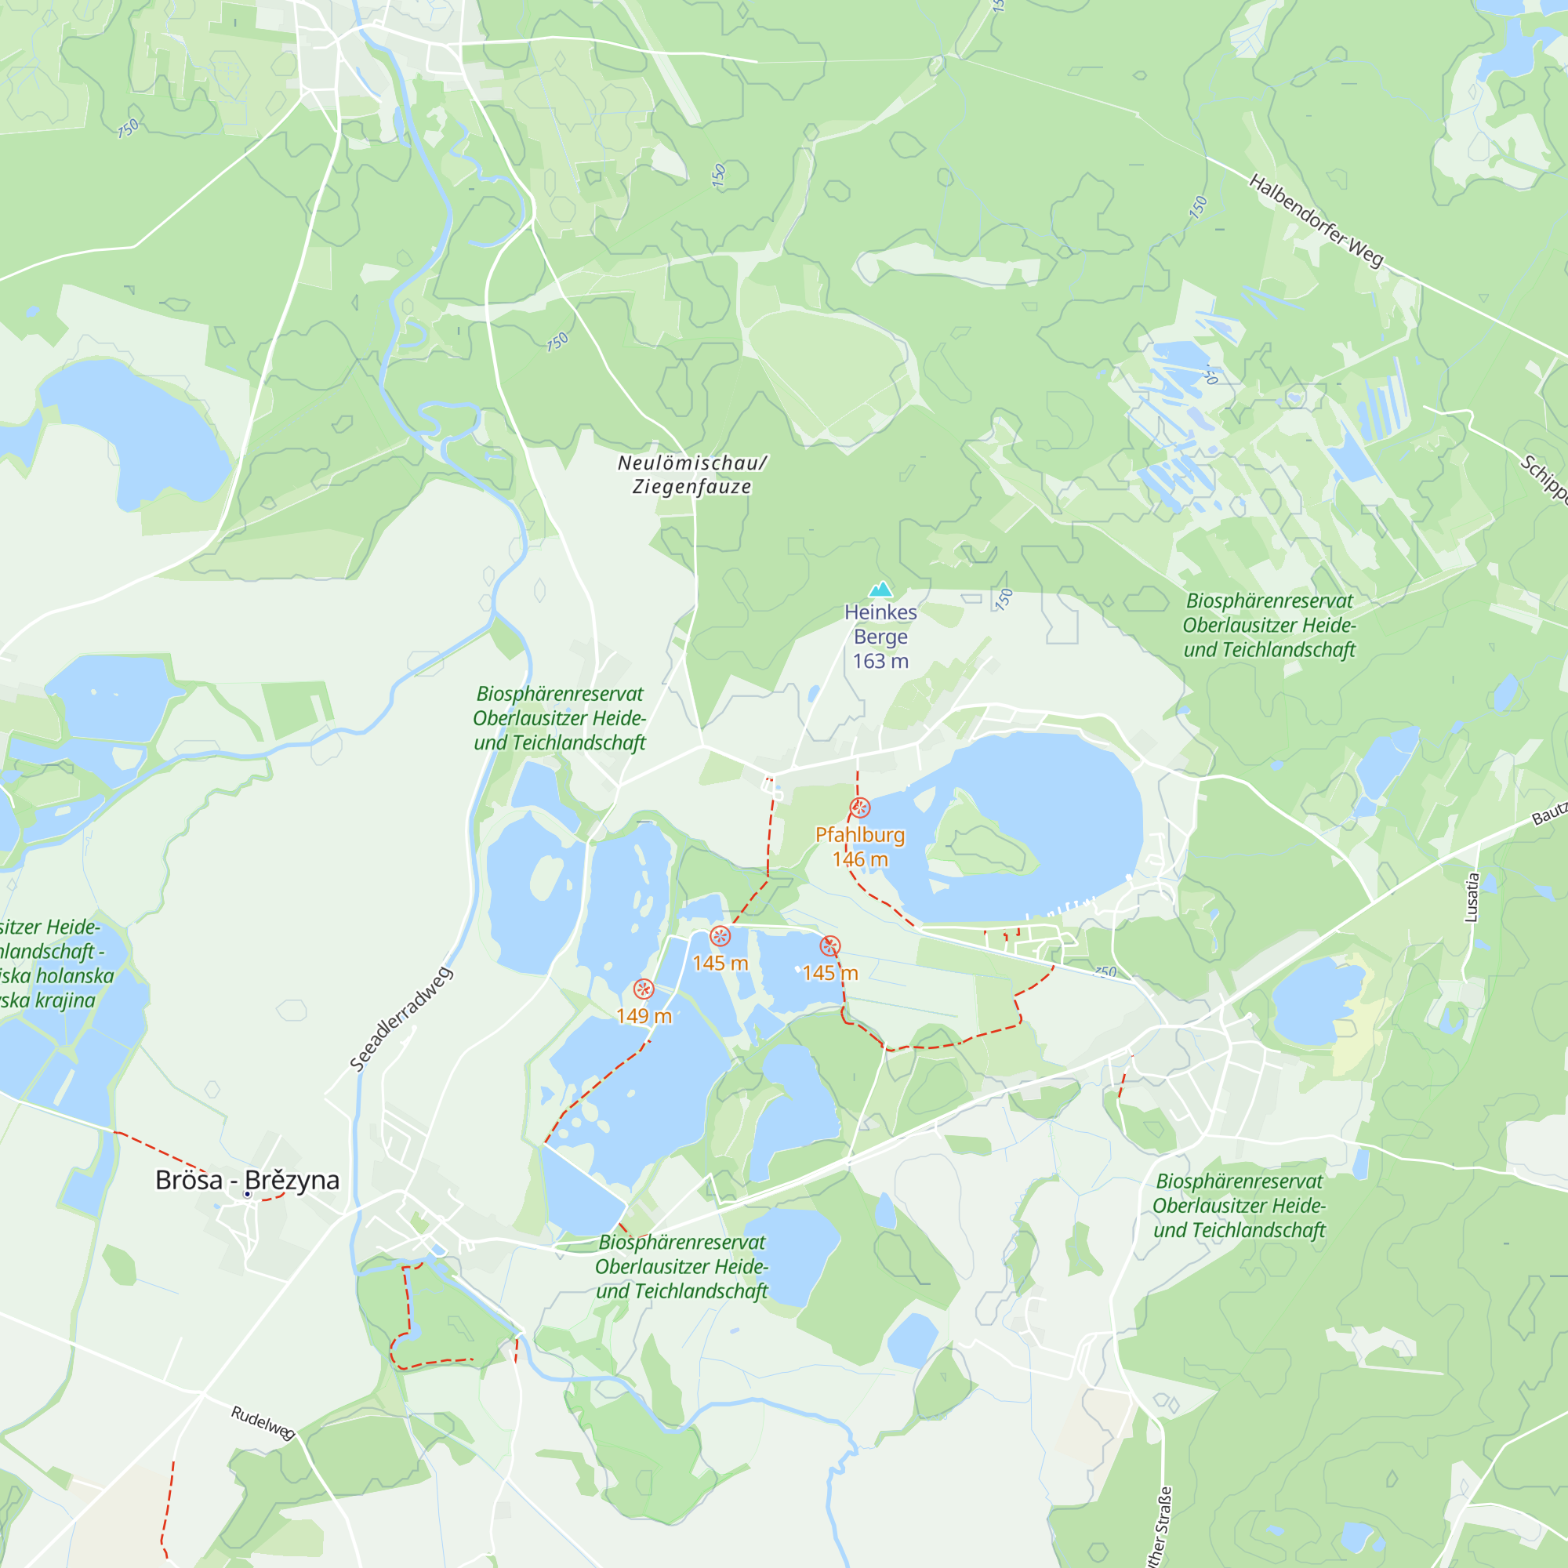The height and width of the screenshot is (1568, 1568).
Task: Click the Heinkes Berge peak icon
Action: (x=880, y=590)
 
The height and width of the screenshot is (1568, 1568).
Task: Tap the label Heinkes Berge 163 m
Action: (x=880, y=637)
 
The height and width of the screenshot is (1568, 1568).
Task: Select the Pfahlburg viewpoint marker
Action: (x=860, y=808)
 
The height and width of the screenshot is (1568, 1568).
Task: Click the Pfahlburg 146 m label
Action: (x=860, y=847)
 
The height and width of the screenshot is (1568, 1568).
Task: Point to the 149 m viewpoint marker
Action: (x=644, y=989)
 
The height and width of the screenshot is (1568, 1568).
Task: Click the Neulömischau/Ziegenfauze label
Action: (x=692, y=475)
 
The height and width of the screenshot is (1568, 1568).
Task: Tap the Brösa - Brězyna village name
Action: (x=247, y=1180)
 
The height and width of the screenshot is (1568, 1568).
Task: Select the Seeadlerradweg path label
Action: (x=401, y=1019)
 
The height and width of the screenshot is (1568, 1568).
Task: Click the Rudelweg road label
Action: (x=263, y=1423)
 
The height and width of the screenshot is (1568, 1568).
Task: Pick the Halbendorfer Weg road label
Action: (x=1316, y=221)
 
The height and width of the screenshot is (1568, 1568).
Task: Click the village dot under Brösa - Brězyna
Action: (x=248, y=1194)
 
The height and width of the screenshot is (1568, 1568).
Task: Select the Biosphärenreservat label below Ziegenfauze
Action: (x=560, y=718)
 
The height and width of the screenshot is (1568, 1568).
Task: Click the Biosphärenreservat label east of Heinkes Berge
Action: (x=1269, y=625)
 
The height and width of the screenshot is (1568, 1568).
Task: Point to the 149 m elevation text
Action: (x=644, y=1016)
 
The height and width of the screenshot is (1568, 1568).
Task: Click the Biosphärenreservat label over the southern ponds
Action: (x=682, y=1267)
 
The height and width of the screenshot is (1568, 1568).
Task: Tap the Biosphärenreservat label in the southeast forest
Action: (x=1240, y=1206)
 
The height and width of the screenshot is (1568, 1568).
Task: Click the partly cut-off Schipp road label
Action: (x=1543, y=479)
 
